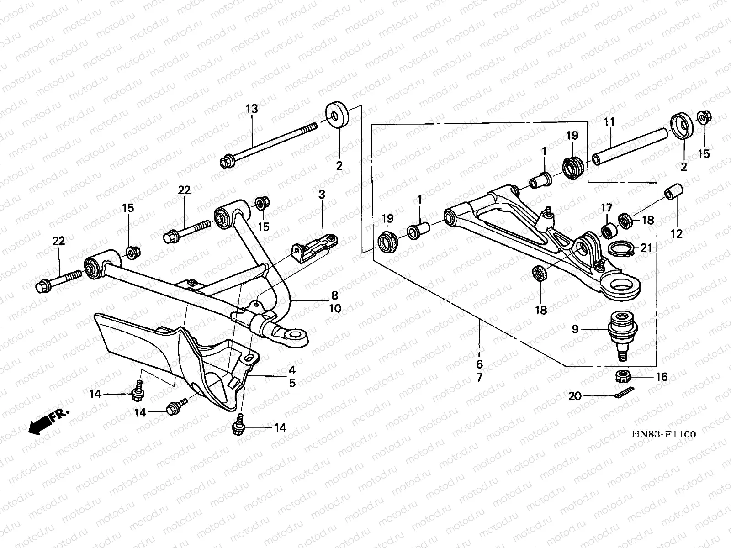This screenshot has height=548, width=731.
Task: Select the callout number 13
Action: (252, 109)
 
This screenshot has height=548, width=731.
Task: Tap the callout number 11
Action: (609, 122)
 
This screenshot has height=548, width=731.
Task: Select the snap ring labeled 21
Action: (621, 248)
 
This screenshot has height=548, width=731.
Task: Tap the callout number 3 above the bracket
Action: (322, 195)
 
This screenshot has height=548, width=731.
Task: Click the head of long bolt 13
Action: (227, 162)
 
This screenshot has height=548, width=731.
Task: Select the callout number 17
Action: (606, 208)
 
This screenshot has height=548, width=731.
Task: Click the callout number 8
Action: (335, 295)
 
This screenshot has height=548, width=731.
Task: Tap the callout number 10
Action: (335, 309)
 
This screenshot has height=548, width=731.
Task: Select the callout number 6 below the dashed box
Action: (479, 364)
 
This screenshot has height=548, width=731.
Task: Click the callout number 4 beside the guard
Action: (291, 370)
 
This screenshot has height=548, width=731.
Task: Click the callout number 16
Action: (662, 377)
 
